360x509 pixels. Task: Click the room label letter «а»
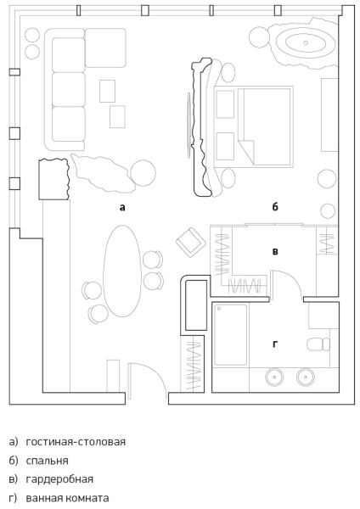coord(122,207)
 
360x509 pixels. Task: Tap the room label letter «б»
coord(275,206)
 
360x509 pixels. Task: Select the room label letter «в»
coord(275,252)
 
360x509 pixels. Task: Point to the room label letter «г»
coord(275,344)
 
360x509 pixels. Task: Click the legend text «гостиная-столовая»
coord(76,442)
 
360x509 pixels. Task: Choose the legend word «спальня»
coord(47,461)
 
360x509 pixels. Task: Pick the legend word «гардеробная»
coord(59,479)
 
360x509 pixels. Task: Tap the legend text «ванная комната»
coord(67,498)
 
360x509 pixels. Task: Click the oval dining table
coord(122,271)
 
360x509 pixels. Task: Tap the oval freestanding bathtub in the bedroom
coord(306,42)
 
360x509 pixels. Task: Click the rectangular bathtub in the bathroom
coord(231,335)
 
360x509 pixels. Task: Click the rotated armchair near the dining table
coord(191,242)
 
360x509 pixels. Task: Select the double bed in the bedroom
coord(253,126)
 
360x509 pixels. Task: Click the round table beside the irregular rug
coord(143,173)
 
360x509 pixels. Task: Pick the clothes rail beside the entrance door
coord(193,366)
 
